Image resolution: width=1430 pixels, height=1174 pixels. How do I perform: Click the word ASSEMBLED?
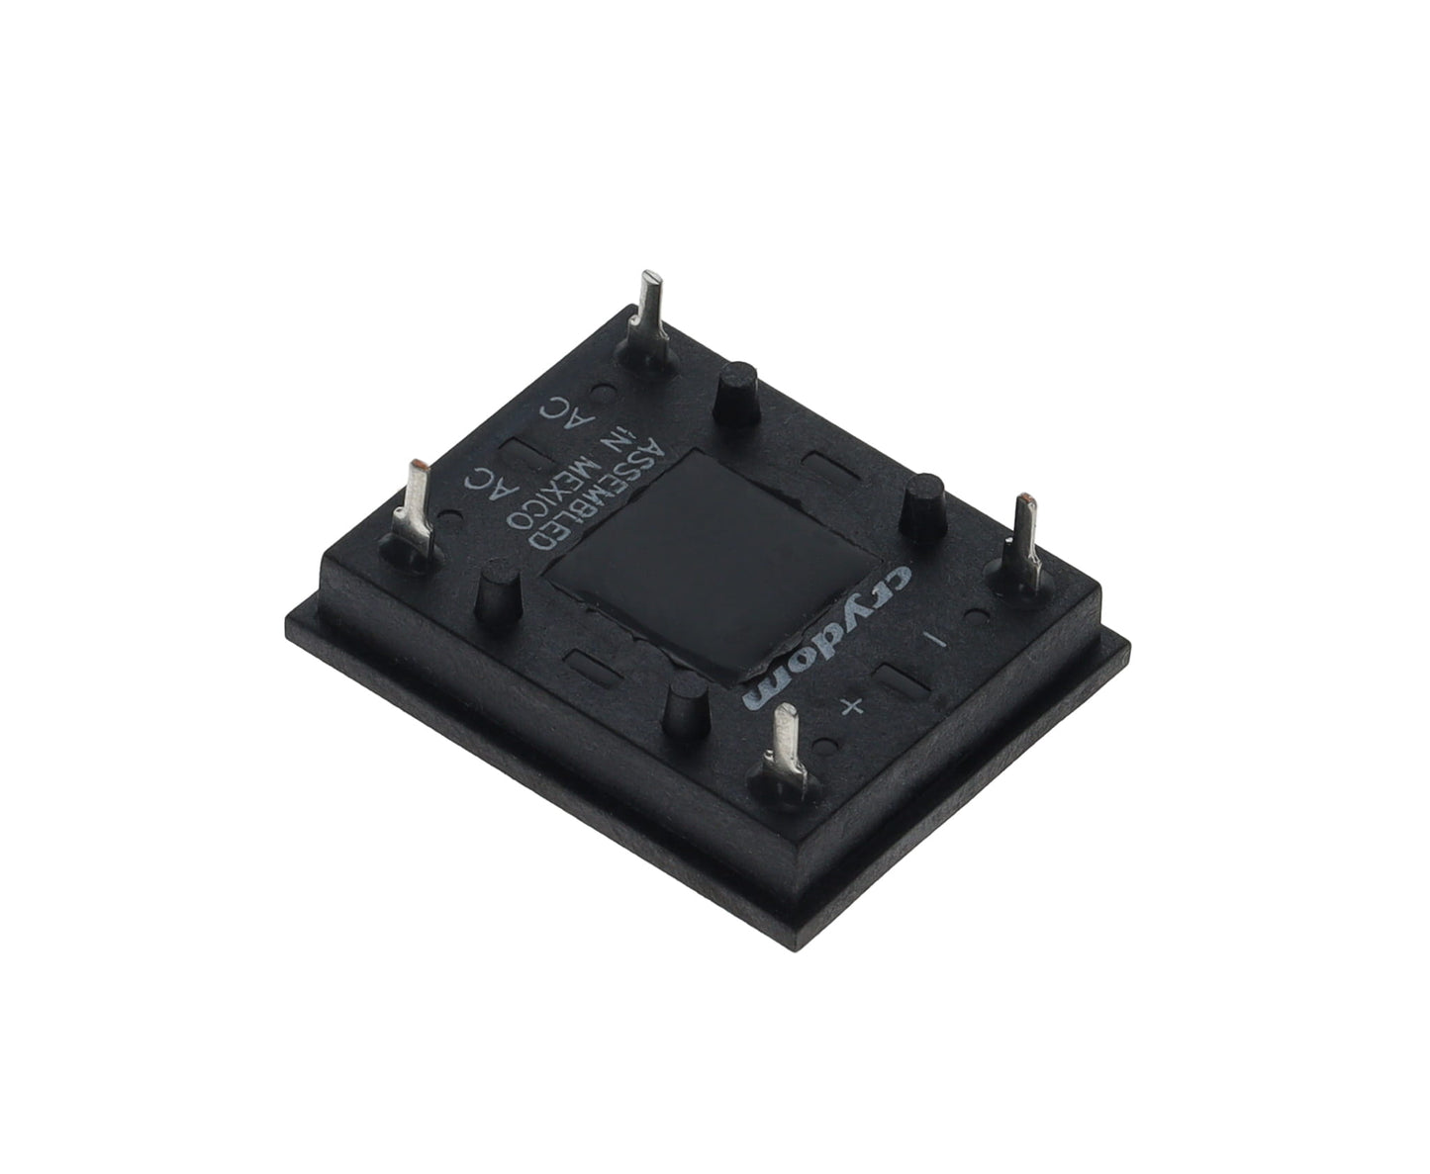coord(596,495)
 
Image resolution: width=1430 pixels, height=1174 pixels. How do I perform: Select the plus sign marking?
coord(851,707)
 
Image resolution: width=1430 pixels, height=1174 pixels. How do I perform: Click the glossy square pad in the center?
coord(712,568)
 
